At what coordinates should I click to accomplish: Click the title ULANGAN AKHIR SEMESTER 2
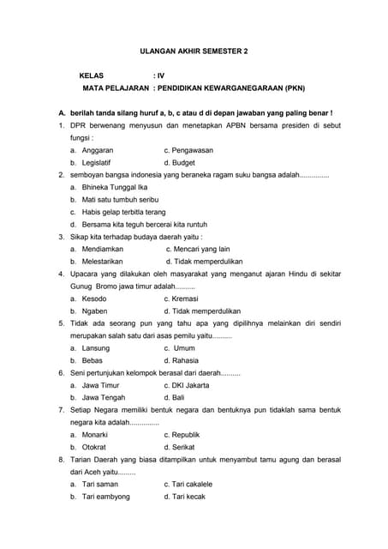194,51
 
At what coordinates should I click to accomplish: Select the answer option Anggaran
98,149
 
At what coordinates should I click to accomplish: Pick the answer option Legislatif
98,161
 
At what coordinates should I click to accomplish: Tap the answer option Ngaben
95,311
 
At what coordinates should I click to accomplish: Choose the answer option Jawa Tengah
104,398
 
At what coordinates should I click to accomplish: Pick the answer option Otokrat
94,447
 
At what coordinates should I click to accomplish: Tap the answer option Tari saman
100,485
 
